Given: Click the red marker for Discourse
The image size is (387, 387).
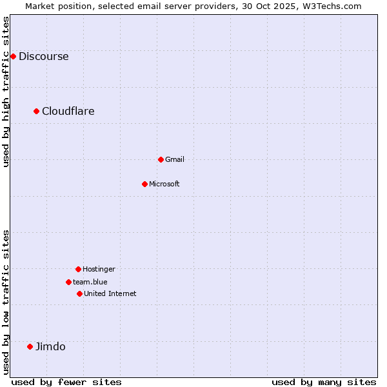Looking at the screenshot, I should [x=13, y=56].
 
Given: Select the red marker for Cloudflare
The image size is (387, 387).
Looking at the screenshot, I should [x=37, y=111].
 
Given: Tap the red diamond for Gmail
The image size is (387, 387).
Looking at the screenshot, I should [x=161, y=159].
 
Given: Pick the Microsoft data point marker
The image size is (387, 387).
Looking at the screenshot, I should [x=144, y=184].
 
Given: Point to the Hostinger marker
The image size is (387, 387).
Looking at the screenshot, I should [x=78, y=269].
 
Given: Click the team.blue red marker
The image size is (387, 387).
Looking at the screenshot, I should [x=68, y=282].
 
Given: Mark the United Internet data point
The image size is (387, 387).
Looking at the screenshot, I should [x=79, y=293].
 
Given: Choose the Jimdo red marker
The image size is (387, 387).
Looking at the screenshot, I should [x=30, y=346].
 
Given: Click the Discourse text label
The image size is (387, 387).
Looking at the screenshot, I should [x=43, y=56].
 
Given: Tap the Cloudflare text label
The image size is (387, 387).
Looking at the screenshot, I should [x=68, y=111].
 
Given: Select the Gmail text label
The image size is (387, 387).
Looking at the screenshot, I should [x=174, y=159].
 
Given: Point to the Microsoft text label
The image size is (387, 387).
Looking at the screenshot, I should [x=164, y=184].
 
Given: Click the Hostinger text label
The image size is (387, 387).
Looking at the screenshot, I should [x=99, y=269].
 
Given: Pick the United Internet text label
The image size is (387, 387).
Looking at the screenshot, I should [x=110, y=293].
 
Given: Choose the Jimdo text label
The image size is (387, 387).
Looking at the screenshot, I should [x=50, y=346].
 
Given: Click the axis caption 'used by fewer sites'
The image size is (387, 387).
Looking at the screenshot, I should [x=66, y=382].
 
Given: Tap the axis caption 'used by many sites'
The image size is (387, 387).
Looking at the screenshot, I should [x=324, y=382].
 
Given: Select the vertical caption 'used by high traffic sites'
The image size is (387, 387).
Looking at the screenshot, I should [x=6, y=92].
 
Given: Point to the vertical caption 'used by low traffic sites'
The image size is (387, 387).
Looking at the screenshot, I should [x=6, y=302].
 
